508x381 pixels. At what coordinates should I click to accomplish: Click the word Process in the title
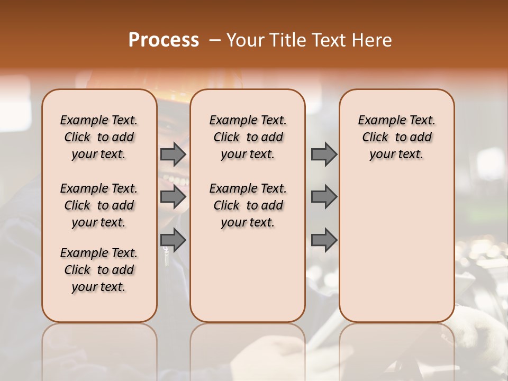[x=164, y=40]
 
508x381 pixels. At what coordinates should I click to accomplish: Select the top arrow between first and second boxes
[x=173, y=154]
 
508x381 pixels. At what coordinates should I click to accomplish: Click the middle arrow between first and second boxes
[x=173, y=197]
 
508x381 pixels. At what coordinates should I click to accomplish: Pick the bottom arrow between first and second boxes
[x=173, y=240]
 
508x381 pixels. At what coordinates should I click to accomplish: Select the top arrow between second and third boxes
[x=324, y=154]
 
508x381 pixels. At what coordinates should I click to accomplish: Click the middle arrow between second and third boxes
[x=324, y=197]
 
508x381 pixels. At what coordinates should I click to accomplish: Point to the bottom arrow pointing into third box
[x=324, y=240]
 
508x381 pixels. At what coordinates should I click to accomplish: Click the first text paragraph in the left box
[x=99, y=137]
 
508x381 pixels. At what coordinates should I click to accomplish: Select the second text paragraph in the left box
[x=99, y=205]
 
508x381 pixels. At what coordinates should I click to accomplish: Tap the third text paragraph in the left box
[x=99, y=270]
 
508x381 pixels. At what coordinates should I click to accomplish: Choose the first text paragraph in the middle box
[x=248, y=137]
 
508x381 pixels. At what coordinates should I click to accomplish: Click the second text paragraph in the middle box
[x=248, y=205]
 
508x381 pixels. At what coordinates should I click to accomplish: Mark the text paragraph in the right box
[x=396, y=137]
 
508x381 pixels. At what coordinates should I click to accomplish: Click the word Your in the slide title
[x=246, y=40]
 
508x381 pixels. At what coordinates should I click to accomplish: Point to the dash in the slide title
[x=214, y=41]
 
